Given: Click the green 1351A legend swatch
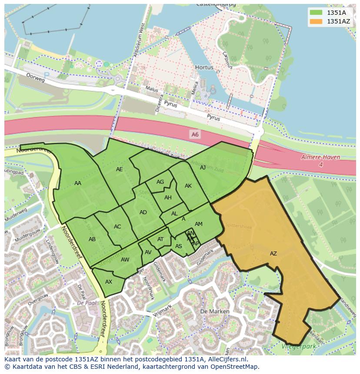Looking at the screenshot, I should (316, 13).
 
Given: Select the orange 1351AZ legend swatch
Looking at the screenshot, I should (316, 21).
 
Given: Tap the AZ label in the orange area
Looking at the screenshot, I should (273, 254).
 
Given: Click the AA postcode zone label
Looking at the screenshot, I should (78, 183).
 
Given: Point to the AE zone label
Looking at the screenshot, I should (120, 169).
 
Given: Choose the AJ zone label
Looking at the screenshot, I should (203, 168).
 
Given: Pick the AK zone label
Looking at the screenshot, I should (188, 186).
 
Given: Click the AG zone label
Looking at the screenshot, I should (160, 182).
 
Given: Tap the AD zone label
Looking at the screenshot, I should (143, 212).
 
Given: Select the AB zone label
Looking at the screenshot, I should (92, 239).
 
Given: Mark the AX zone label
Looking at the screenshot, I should (109, 282).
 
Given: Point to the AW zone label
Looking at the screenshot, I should (125, 260).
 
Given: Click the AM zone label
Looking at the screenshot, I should (199, 224).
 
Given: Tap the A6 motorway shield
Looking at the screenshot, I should (195, 135).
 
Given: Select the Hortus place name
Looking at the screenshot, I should (204, 68).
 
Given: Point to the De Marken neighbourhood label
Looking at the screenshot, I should (212, 312).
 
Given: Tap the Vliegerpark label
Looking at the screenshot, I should (297, 346).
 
